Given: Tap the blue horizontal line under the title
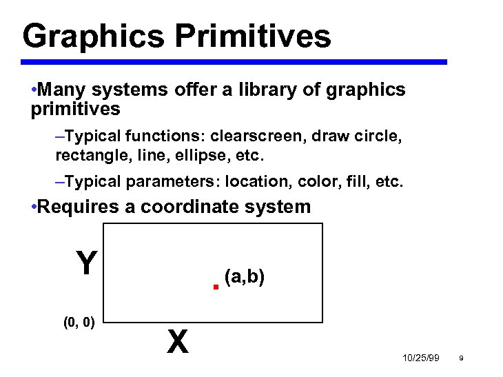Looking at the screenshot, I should [x=234, y=62].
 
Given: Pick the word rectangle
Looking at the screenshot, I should [x=85, y=156].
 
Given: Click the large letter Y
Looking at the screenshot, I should [x=85, y=263].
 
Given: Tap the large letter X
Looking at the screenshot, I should [x=177, y=340].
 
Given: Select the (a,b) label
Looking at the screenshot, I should [x=245, y=276].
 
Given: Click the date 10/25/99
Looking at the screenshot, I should [x=420, y=358].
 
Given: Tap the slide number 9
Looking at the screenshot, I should [x=460, y=358].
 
